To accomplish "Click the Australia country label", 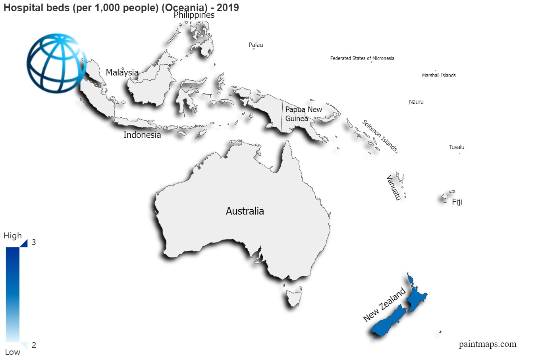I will tap(245, 211).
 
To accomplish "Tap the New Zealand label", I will tap(384, 305).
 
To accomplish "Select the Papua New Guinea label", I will tap(303, 114).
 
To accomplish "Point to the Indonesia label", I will tap(142, 135).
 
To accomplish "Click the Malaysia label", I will tap(122, 73).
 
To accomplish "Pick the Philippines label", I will tap(194, 15).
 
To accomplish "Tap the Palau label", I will tap(256, 45).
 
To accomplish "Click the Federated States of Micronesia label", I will tap(362, 58).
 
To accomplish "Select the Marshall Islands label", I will tap(439, 75).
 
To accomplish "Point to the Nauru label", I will tap(416, 102).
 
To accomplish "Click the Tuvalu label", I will tap(457, 147).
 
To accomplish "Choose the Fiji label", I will tap(457, 202).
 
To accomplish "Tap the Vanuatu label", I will tap(393, 188).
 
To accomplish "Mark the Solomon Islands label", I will tap(380, 136).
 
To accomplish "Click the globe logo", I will tap(56, 63).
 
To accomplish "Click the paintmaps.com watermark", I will tap(488, 345).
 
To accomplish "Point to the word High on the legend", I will tap(13, 236).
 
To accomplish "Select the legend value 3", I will tap(34, 242).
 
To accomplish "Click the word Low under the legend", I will tap(12, 352).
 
